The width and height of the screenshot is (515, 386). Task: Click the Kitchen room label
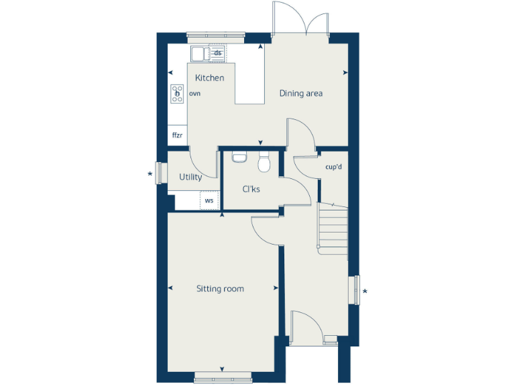pos(210,78)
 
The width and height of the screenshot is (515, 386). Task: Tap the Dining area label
pos(301,93)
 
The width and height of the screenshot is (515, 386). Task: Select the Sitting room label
pos(220,289)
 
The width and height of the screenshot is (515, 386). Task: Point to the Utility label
pos(190,178)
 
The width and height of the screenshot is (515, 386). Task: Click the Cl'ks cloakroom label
pos(251,189)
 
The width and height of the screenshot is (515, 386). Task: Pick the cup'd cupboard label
pos(333,166)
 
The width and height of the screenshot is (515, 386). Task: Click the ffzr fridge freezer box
pos(177,135)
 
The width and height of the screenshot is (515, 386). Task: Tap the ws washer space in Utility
pos(209,200)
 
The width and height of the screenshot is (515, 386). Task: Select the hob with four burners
pos(178,94)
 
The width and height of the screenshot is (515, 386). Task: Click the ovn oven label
pos(195,94)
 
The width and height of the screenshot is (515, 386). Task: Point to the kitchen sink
pos(200,53)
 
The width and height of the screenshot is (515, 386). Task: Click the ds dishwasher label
pos(218,52)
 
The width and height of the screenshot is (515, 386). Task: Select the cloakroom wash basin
pos(239,157)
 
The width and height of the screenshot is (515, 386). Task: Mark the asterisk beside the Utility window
pos(150,175)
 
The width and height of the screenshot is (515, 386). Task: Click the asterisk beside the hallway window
pos(365,292)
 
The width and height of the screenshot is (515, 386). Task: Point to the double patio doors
pos(300,20)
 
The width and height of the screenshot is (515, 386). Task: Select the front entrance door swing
pos(306,326)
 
